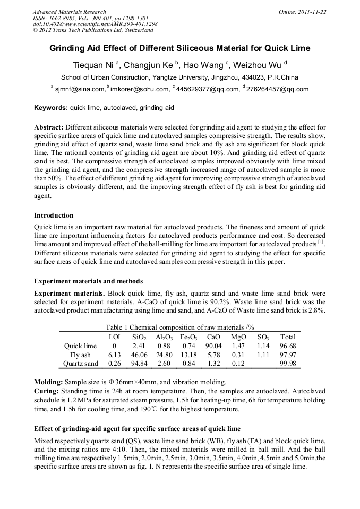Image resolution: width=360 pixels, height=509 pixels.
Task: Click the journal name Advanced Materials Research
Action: pyautogui.click(x=69, y=12)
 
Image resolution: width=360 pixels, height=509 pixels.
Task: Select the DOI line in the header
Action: pyautogui.click(x=95, y=24)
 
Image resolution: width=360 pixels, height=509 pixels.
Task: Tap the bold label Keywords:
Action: pyautogui.click(x=51, y=108)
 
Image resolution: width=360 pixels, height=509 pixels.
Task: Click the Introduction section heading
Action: pyautogui.click(x=54, y=215)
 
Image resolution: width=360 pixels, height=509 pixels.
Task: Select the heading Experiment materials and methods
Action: pyautogui.click(x=88, y=281)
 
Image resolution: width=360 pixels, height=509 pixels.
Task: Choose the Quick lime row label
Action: pyautogui.click(x=80, y=346)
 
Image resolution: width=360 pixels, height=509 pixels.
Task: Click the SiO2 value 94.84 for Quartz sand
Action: pyautogui.click(x=139, y=364)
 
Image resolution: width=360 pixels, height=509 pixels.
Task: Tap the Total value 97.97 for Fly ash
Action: pyautogui.click(x=288, y=355)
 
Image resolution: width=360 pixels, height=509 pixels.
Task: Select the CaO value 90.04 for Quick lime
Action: pyautogui.click(x=213, y=346)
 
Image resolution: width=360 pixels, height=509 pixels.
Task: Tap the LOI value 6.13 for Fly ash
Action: pyautogui.click(x=114, y=355)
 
